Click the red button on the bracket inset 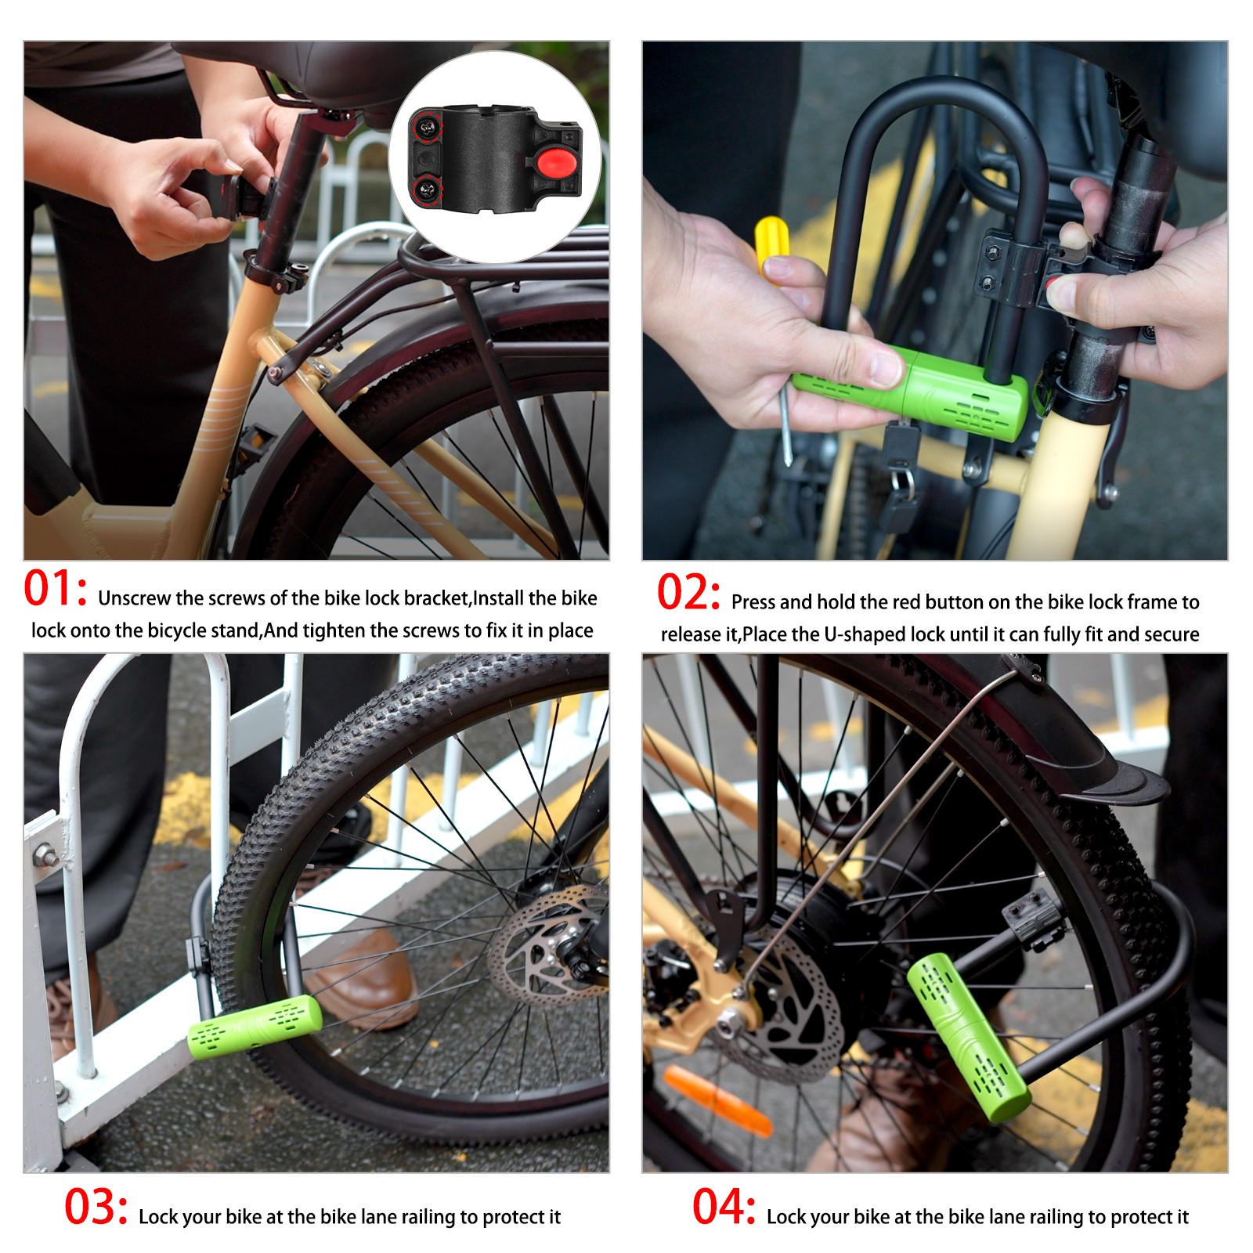tap(555, 164)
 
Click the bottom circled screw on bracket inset tap(427, 188)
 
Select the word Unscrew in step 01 tap(135, 598)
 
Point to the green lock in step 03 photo tap(255, 1027)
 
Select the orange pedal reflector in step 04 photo tap(717, 1100)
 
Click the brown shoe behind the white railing tap(368, 979)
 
